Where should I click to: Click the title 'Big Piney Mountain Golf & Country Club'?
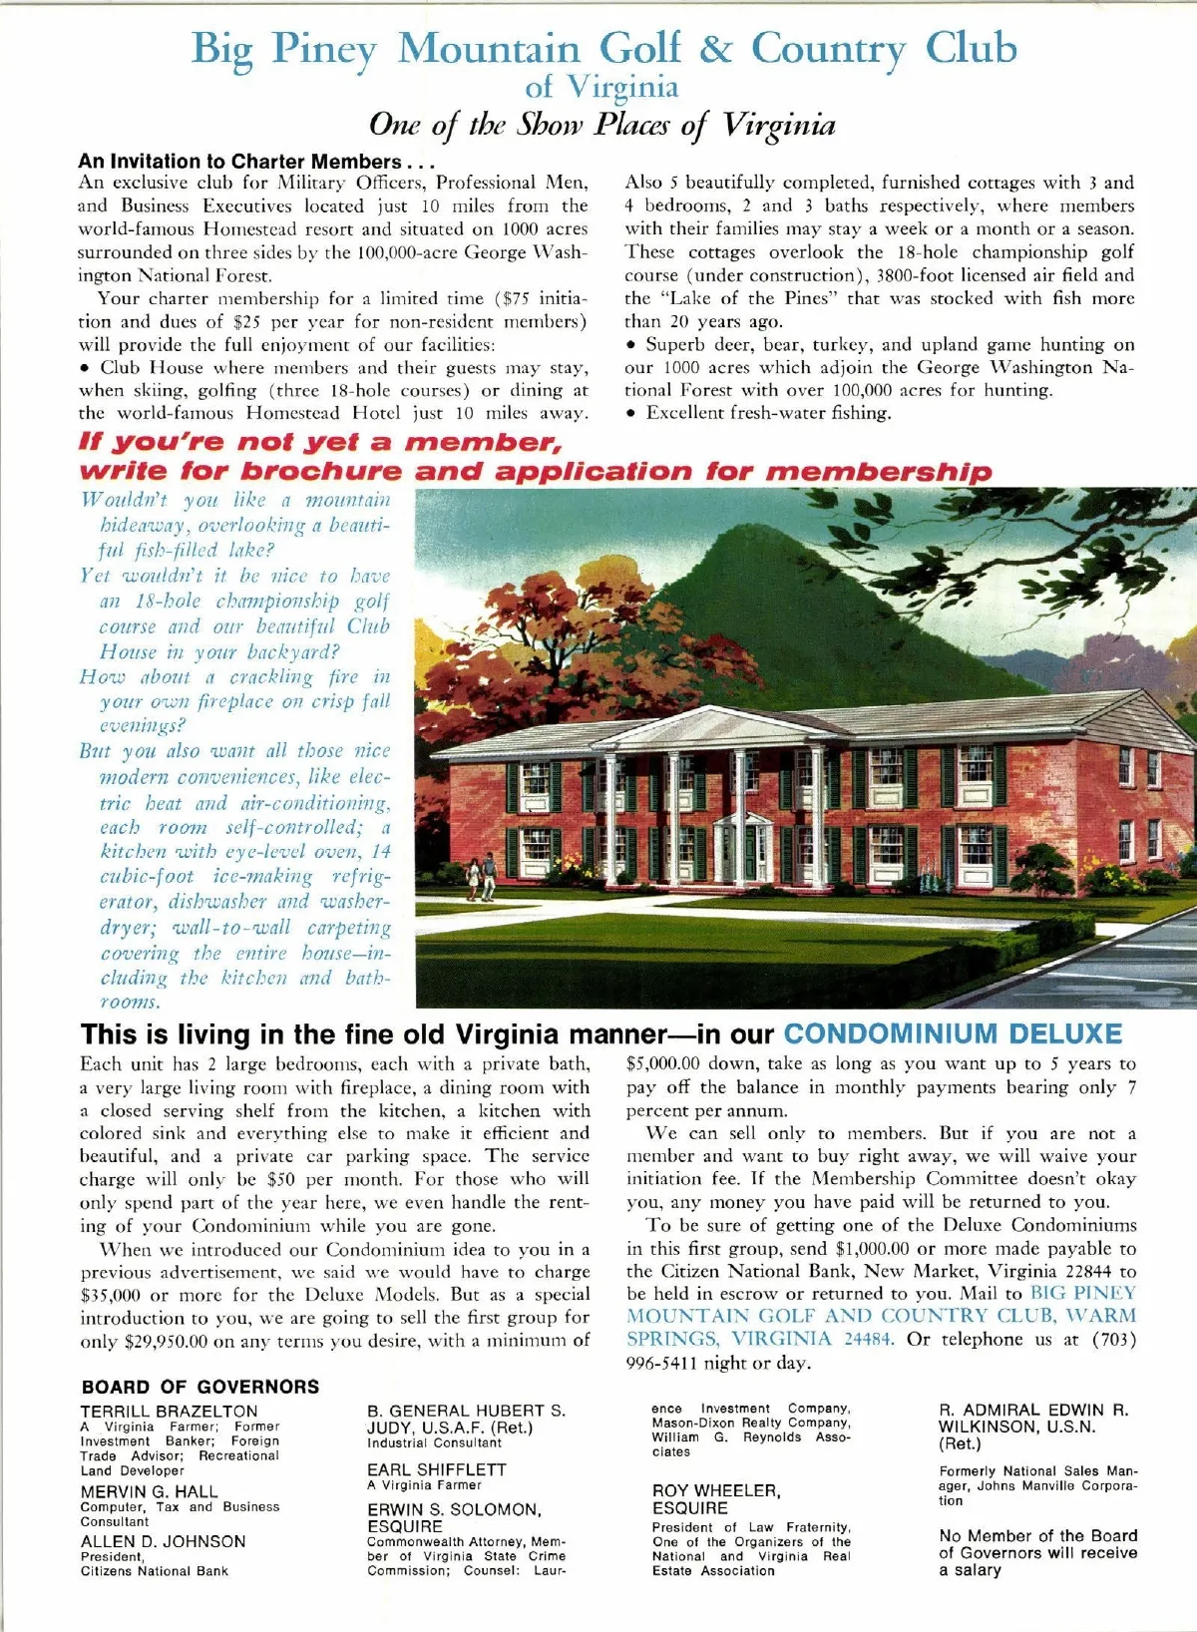pos(603,48)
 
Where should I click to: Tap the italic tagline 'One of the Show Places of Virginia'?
pos(601,125)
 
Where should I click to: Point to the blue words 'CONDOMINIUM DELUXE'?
pos(953,1033)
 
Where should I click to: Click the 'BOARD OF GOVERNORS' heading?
pos(200,1387)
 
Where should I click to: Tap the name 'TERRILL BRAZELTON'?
pos(169,1412)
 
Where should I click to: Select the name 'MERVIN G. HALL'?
pos(149,1491)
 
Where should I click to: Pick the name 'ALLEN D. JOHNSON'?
pos(163,1541)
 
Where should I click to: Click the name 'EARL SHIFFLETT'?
pos(436,1469)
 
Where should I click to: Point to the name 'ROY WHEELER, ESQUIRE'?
pos(715,1499)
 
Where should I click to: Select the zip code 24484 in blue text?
pos(867,1339)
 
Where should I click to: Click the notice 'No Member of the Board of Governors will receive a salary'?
pos(1037,1552)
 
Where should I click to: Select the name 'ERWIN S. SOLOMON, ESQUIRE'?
pos(453,1517)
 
